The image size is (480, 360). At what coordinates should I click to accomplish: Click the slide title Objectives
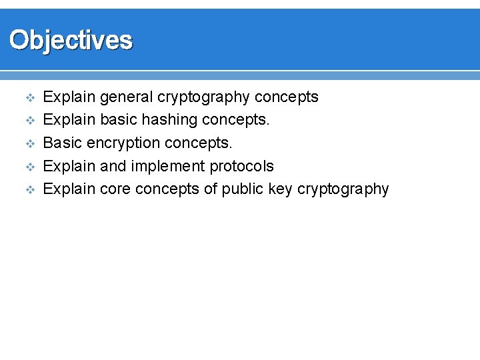pyautogui.click(x=71, y=40)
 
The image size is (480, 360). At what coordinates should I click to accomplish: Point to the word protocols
pyautogui.click(x=241, y=166)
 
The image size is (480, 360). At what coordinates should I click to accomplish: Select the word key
pyautogui.click(x=281, y=189)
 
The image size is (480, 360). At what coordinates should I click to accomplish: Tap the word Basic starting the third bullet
pyautogui.click(x=62, y=143)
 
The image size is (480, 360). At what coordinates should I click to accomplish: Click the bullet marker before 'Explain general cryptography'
pyautogui.click(x=29, y=98)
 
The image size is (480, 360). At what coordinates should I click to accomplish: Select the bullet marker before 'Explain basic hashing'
pyautogui.click(x=29, y=121)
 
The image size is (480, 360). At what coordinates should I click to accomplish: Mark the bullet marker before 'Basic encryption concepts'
pyautogui.click(x=29, y=144)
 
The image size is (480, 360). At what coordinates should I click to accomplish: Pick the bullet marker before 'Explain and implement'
pyautogui.click(x=29, y=167)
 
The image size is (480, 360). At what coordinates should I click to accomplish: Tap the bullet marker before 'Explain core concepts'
pyautogui.click(x=29, y=189)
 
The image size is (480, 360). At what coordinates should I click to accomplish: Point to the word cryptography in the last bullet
pyautogui.click(x=343, y=189)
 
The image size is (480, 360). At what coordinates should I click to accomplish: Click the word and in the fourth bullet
pyautogui.click(x=113, y=166)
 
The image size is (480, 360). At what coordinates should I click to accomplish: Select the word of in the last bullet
pyautogui.click(x=211, y=189)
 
